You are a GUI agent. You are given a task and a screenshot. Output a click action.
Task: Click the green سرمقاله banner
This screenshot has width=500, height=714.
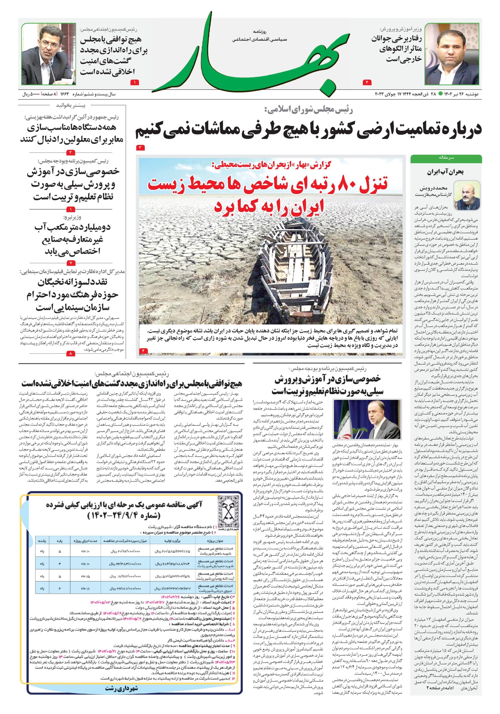coord(446,158)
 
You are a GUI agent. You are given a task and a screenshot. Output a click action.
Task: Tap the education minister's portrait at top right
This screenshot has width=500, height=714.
coord(451,54)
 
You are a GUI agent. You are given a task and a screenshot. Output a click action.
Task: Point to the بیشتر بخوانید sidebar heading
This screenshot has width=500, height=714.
coord(71,105)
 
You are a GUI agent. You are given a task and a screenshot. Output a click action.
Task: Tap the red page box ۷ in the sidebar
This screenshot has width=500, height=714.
coord(71,262)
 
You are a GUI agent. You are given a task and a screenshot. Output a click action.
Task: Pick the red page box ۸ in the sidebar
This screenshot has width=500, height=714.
coord(71,354)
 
